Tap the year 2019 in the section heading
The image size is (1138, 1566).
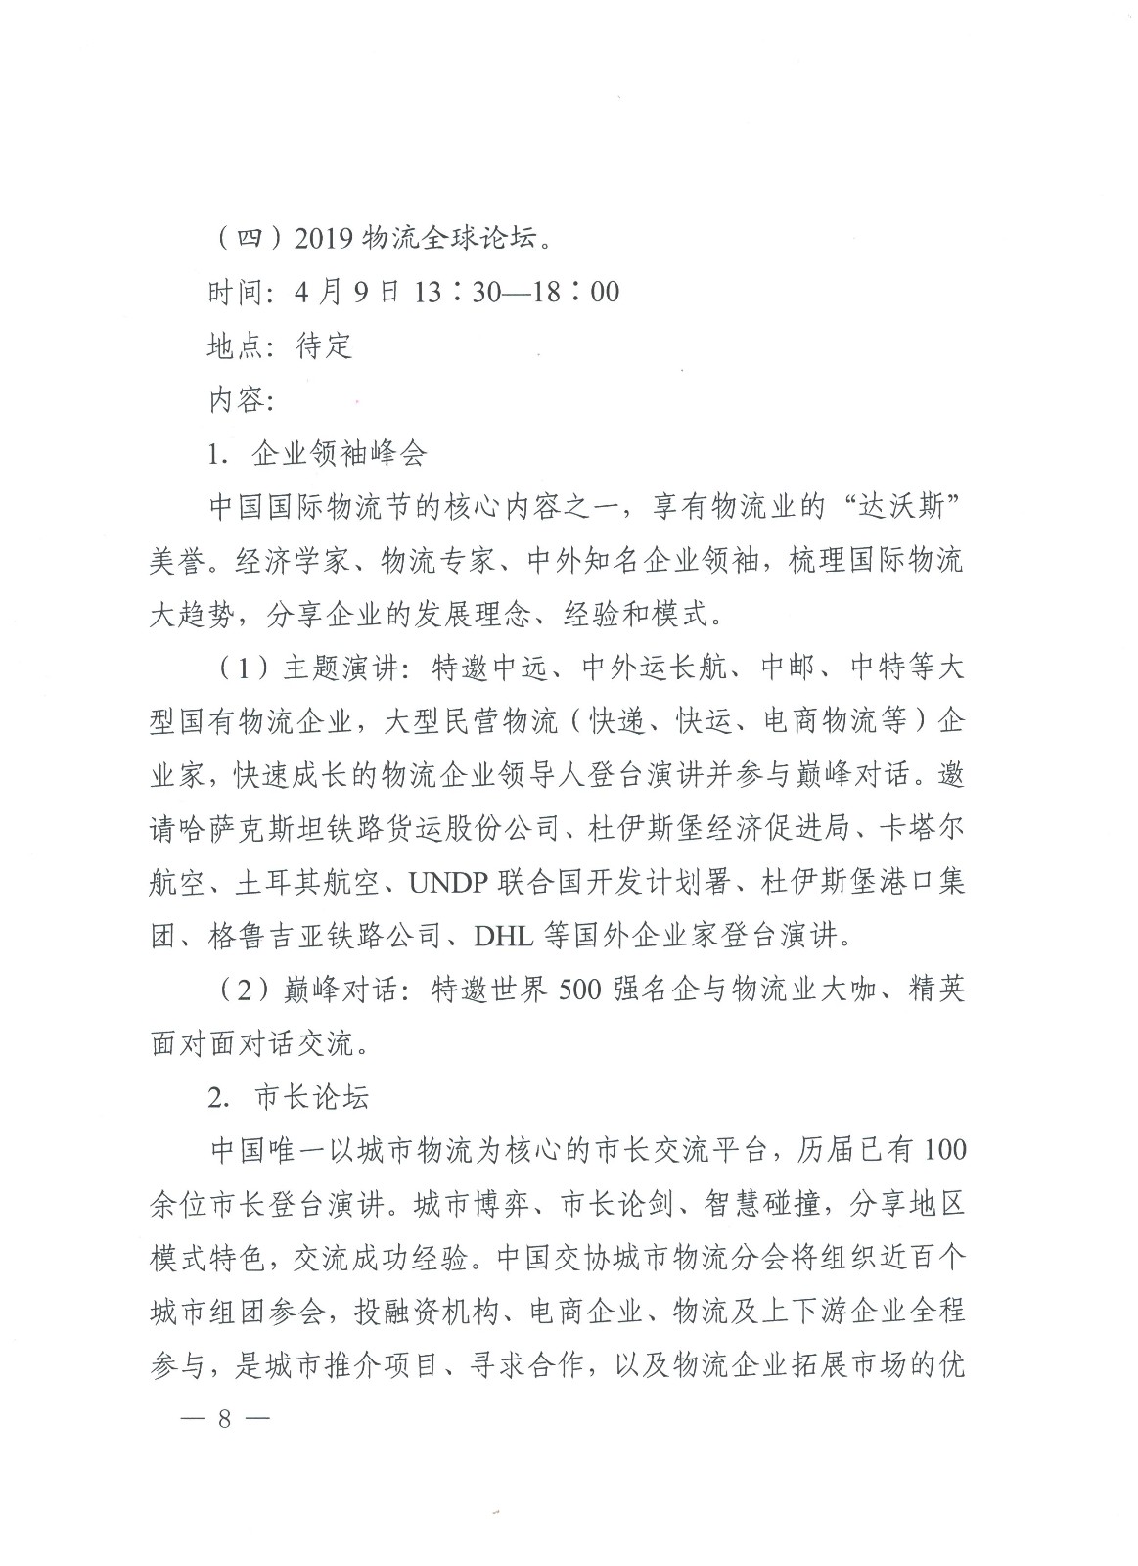pyautogui.click(x=326, y=238)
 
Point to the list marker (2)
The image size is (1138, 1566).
pyautogui.click(x=237, y=990)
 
